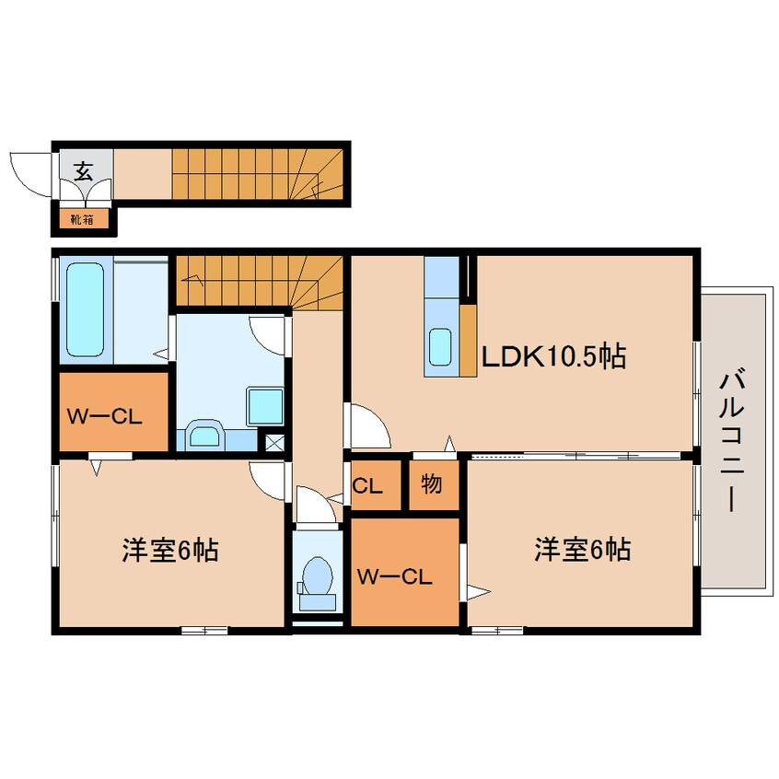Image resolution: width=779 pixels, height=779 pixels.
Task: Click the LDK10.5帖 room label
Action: (x=553, y=355)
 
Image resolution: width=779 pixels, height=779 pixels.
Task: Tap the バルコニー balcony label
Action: (x=732, y=441)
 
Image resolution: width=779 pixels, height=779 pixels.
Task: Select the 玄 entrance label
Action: (x=84, y=172)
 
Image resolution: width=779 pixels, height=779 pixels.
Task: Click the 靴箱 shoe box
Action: (x=82, y=219)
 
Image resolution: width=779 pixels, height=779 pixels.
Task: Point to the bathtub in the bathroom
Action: (x=85, y=309)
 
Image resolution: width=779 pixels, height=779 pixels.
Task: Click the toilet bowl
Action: (x=317, y=576)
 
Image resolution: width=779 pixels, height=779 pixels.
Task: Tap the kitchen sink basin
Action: (x=441, y=347)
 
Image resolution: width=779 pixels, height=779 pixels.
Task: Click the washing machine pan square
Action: (x=265, y=407)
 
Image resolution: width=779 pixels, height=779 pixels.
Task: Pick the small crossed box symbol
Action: (x=274, y=443)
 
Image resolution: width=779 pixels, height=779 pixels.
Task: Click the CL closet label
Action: (x=367, y=486)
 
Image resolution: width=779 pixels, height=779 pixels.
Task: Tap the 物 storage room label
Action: (x=431, y=483)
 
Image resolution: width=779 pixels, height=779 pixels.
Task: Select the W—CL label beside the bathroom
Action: (x=105, y=417)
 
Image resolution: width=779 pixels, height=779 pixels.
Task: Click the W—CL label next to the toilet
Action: (x=395, y=576)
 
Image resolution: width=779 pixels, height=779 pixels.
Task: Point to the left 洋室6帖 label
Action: (x=170, y=550)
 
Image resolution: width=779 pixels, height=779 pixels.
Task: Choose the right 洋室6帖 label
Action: (x=582, y=550)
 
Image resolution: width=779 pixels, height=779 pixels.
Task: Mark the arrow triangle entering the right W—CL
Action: (x=478, y=592)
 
